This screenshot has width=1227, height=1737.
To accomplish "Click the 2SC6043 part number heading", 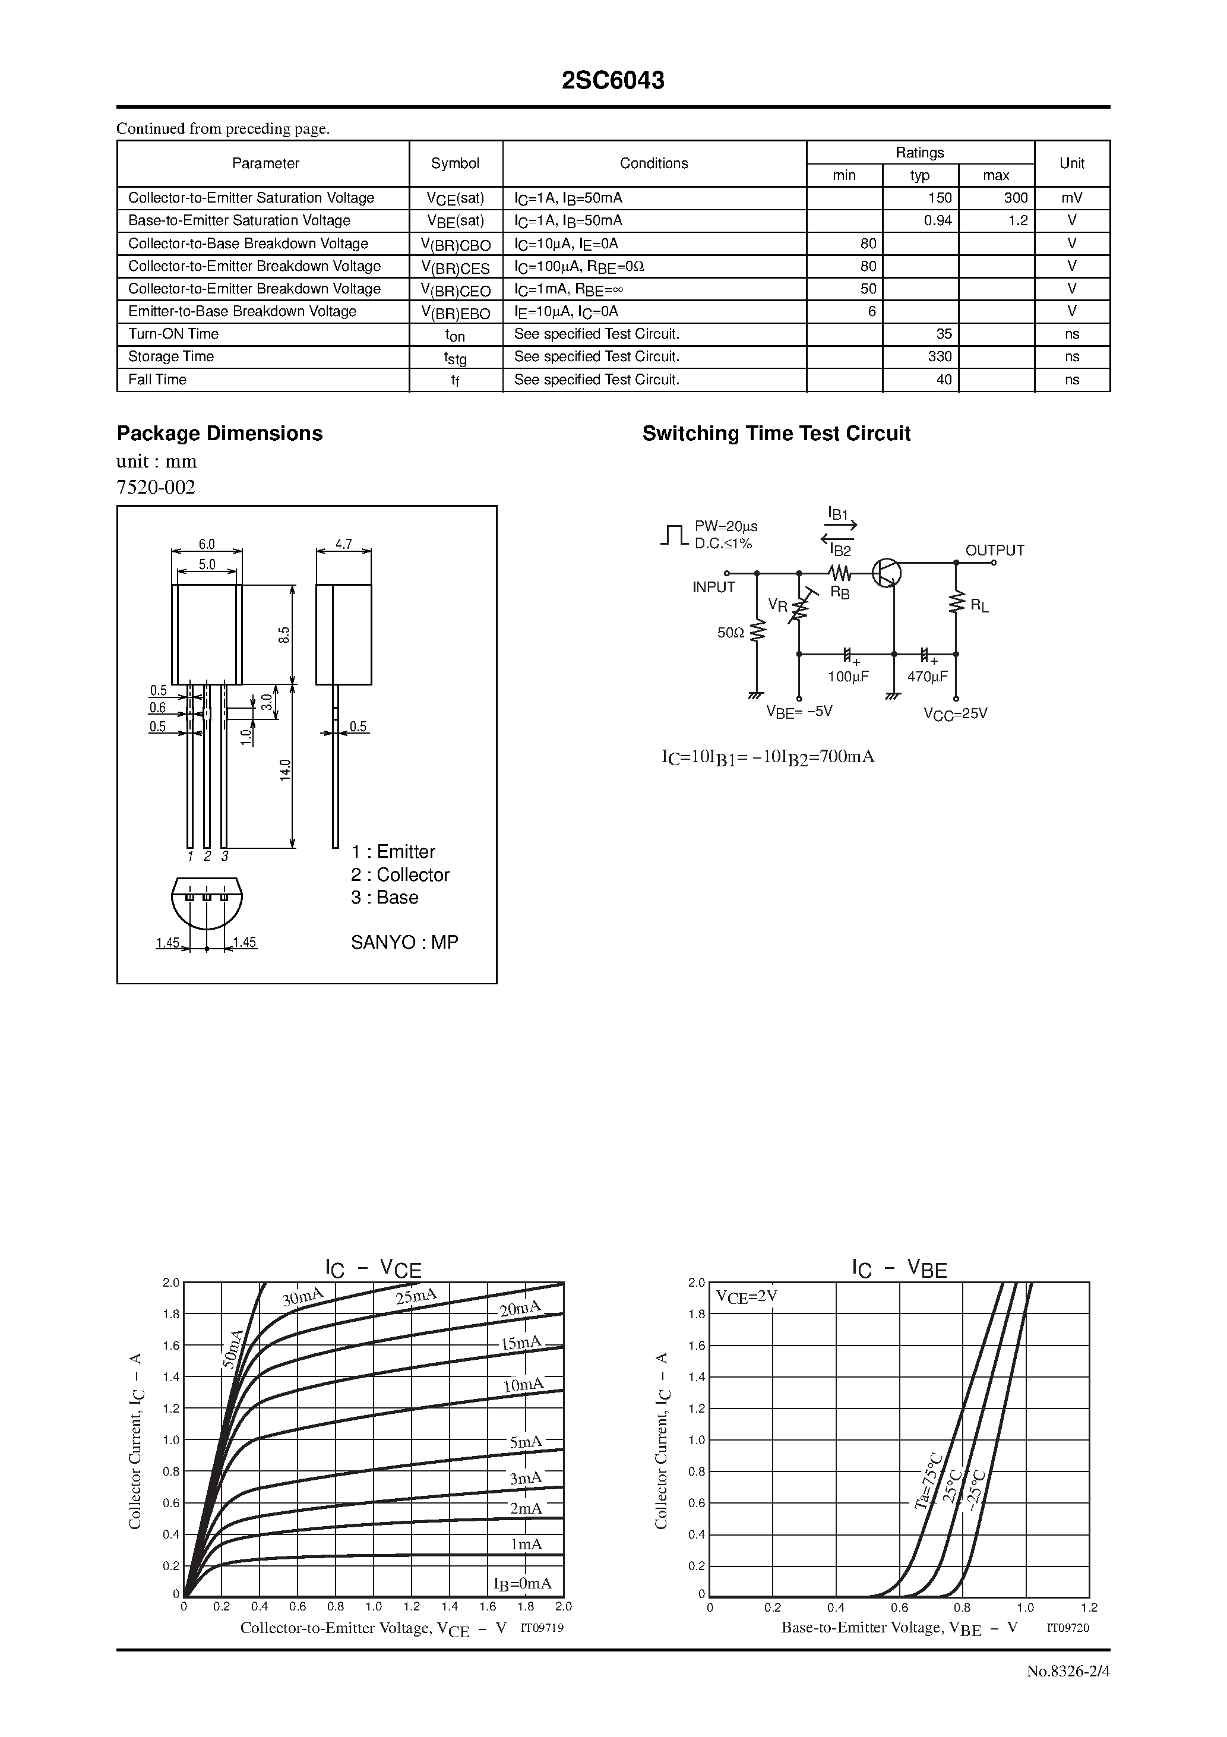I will point(613,81).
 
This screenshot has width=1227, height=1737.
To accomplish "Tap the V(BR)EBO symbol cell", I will point(456,312).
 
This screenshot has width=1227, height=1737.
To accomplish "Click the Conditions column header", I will point(654,163).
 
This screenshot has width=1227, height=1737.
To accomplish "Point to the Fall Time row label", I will point(157,380).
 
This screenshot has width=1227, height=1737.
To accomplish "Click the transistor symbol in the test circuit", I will point(886,573).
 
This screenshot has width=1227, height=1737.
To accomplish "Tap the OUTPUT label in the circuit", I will point(994,551).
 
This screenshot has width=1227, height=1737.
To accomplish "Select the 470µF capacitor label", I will point(928,677).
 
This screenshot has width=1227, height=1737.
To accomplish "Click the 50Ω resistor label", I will point(730,633).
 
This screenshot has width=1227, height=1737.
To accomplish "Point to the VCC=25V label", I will point(956,713).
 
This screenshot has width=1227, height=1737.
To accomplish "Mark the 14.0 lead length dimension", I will point(285,769).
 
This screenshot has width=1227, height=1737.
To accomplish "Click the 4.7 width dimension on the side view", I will point(343,544).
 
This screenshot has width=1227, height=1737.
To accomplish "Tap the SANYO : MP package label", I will point(404,942).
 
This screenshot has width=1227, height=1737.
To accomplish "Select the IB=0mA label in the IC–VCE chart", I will point(522,1583).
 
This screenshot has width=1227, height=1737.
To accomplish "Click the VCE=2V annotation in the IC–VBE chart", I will point(746,1296).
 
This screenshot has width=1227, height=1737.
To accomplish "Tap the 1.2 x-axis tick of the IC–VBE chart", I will point(1089,1607).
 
